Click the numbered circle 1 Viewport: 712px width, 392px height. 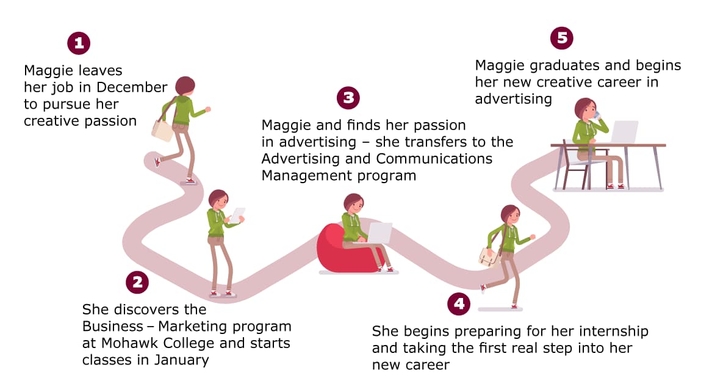[x=79, y=43]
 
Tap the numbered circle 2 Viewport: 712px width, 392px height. [x=137, y=282]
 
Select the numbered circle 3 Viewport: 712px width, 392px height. [x=348, y=98]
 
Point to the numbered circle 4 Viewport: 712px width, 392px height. [x=458, y=303]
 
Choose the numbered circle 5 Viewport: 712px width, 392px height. [x=561, y=38]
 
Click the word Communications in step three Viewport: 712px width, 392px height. [x=434, y=159]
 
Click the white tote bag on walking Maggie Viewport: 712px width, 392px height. [x=163, y=130]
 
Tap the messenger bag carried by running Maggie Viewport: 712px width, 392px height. [x=490, y=256]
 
